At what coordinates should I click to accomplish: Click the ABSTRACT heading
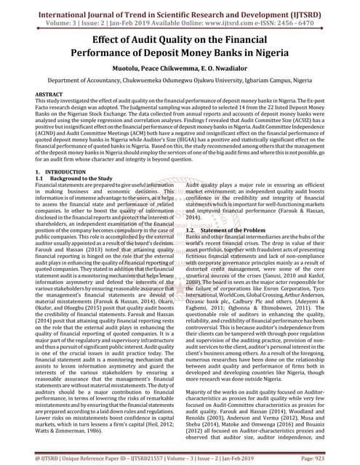click(49, 95)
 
